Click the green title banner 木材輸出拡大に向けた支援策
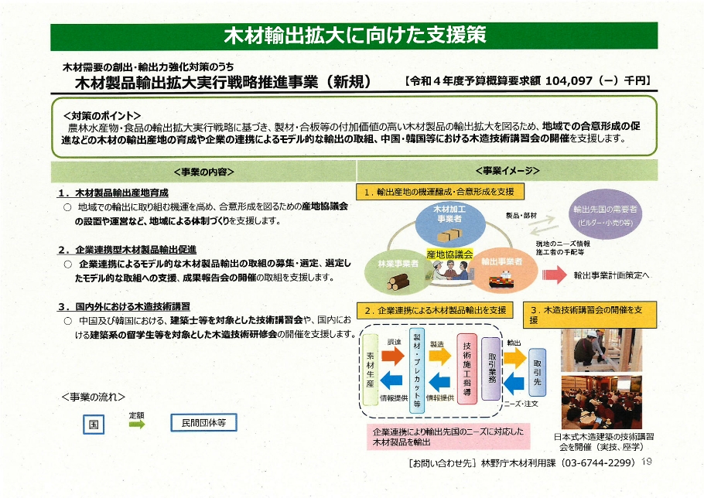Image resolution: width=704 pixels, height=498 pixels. pos(354,36)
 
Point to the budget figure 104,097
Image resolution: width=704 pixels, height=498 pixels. pos(567,81)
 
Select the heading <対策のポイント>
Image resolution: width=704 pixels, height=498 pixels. pos(102,115)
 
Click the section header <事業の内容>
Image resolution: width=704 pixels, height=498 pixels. pos(203,172)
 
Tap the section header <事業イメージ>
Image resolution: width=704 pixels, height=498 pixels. pos(507,171)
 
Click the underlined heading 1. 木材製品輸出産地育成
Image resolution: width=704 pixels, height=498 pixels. pos(113,193)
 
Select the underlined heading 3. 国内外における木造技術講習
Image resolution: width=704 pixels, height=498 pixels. pos(124,307)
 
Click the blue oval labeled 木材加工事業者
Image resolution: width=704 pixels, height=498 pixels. pos(450,223)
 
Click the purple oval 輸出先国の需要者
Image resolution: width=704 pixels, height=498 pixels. pos(605,214)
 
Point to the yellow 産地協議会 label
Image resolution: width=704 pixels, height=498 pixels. pos(449,254)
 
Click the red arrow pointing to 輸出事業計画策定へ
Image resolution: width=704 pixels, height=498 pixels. pos(555,275)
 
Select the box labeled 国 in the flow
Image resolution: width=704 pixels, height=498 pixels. pos(94,424)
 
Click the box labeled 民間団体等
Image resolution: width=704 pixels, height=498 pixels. pos(203,423)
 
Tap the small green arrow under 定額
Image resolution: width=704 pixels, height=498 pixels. pos(138,424)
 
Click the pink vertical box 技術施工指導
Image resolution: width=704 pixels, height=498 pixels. pos(467,369)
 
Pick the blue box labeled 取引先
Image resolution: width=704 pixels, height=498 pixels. pos(538,372)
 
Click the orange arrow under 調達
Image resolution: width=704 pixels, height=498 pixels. pos(392,356)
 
